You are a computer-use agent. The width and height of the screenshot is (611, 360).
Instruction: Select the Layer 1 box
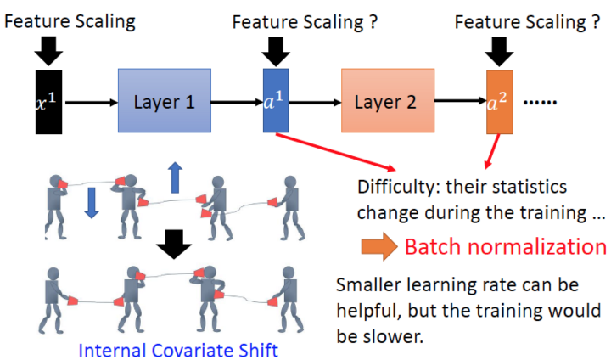click(x=165, y=103)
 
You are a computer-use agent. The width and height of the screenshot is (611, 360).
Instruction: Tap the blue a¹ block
click(x=276, y=103)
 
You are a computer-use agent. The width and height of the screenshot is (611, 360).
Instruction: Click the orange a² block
click(x=500, y=103)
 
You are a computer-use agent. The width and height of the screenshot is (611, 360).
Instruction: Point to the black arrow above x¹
click(x=48, y=49)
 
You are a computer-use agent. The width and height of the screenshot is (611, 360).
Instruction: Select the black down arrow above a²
click(x=501, y=49)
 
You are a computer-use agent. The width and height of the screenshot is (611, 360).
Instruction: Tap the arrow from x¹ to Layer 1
click(x=89, y=103)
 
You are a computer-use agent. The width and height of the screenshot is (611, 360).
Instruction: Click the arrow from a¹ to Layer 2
click(x=314, y=103)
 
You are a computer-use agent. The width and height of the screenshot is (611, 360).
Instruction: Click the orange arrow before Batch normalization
click(x=378, y=247)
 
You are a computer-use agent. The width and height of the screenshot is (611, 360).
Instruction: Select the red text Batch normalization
click(x=505, y=247)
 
